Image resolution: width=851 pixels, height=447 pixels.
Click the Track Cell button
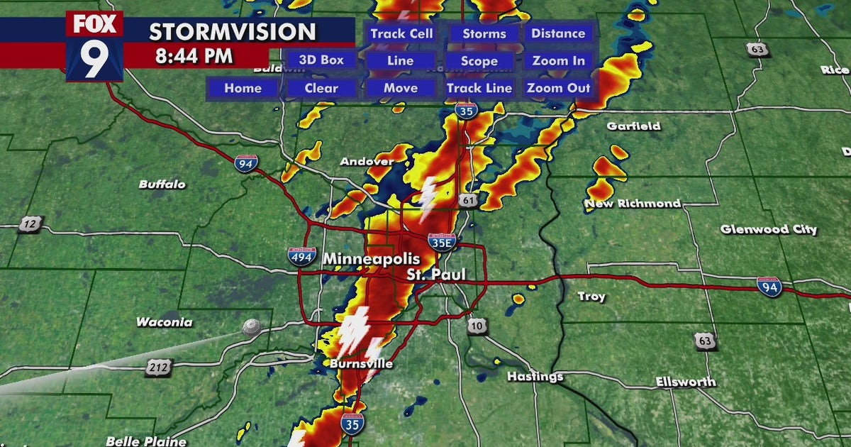[x=401, y=34]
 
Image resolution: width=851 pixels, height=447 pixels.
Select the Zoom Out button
[x=558, y=89]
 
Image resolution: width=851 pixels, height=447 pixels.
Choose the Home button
[x=243, y=89]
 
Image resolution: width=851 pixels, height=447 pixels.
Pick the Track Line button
[x=479, y=89]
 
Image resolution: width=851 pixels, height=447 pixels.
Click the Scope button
[x=479, y=62]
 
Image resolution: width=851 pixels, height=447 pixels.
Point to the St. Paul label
[x=437, y=274]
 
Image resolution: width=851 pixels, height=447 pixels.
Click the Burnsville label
[x=361, y=364]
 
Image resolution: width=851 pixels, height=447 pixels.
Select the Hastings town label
[x=535, y=377]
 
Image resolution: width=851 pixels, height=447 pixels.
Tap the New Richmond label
[x=633, y=204]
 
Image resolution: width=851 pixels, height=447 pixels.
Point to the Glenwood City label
[x=769, y=229]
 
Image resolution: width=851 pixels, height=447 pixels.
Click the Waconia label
[x=165, y=322]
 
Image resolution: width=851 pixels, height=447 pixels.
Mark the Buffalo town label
[x=162, y=184]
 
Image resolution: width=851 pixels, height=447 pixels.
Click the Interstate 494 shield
[x=302, y=257]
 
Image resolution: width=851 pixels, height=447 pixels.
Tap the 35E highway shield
[x=442, y=243]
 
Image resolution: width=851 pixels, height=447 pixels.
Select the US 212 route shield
[x=158, y=366]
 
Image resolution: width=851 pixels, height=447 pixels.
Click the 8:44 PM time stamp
[x=194, y=56]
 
